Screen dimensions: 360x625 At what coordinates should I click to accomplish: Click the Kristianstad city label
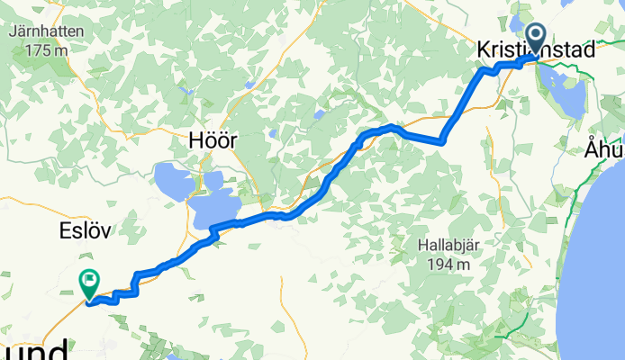coord(535,51)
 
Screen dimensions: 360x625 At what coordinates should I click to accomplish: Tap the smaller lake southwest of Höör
coord(171,178)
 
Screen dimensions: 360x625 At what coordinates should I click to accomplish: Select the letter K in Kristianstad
coord(484,51)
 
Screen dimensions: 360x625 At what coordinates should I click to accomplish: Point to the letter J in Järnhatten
coord(10,31)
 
